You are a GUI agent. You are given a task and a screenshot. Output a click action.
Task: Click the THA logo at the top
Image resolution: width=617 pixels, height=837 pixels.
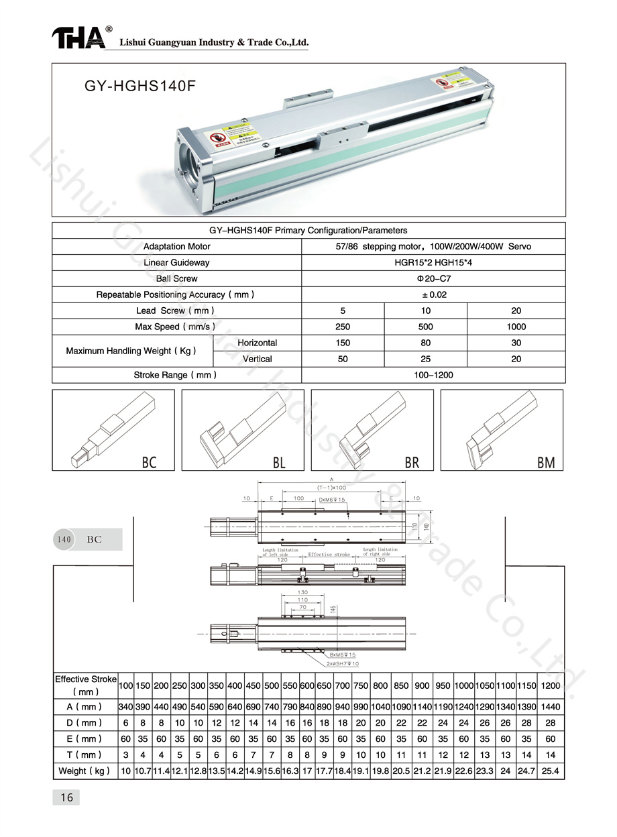(78, 38)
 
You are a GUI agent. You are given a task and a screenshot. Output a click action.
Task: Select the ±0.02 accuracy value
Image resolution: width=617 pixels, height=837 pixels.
(433, 294)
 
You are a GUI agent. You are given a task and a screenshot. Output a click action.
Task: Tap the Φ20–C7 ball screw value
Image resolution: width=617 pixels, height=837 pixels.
(433, 278)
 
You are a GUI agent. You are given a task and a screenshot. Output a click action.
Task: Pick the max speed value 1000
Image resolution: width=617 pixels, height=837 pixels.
(516, 327)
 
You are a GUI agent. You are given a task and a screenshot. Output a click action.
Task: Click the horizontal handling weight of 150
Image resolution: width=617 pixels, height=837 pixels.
(343, 343)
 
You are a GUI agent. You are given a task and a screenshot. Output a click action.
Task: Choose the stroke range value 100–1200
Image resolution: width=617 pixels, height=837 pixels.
(433, 375)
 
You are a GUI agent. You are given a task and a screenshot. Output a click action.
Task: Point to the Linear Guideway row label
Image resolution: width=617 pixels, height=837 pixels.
(176, 262)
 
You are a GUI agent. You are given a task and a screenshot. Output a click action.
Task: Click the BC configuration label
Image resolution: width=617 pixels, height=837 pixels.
(149, 462)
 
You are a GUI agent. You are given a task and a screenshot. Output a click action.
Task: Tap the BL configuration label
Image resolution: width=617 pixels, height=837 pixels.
(279, 462)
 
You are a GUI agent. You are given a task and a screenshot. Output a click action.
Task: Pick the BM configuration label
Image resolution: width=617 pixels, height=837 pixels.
(546, 462)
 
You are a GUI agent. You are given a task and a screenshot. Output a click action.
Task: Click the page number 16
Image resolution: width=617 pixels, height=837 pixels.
(66, 797)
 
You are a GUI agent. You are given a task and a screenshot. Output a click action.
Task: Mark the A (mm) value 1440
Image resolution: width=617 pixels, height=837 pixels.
(550, 707)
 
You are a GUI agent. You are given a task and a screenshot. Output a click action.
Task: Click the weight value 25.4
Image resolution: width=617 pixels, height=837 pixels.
(550, 771)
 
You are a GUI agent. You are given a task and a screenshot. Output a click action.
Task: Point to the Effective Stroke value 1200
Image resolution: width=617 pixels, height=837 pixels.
(550, 685)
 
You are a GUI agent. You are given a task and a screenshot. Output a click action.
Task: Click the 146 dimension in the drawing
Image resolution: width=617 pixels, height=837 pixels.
(333, 609)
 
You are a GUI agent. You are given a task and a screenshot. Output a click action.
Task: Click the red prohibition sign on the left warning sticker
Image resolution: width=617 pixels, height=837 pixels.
(216, 138)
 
